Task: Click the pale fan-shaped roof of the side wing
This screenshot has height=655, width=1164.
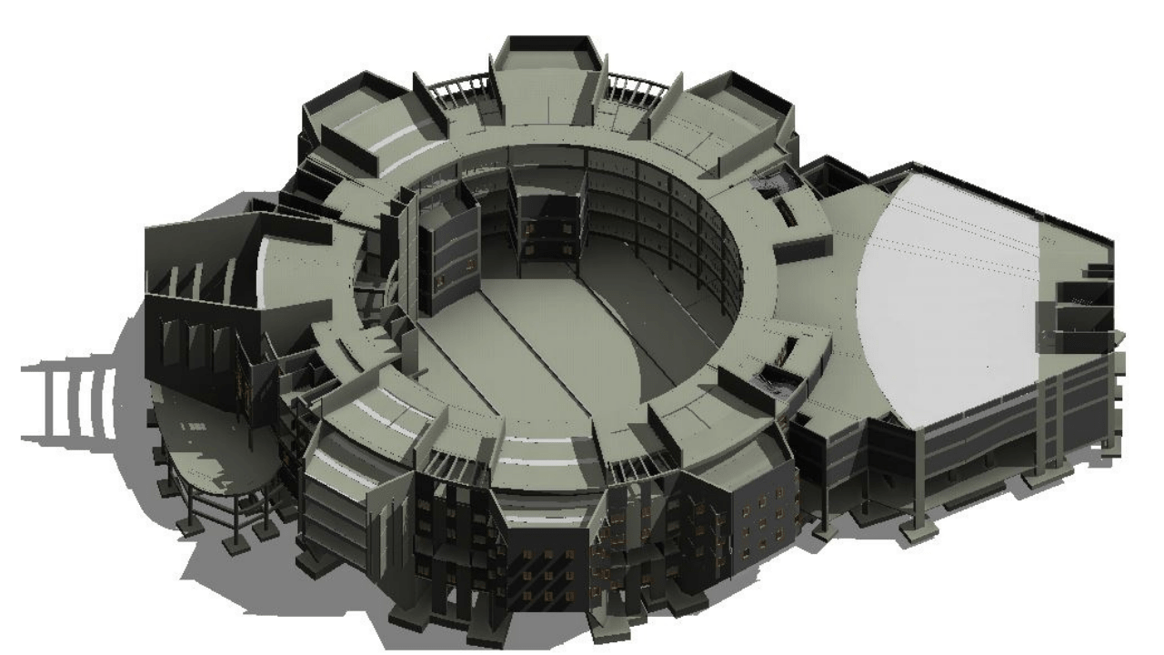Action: pyautogui.click(x=946, y=273)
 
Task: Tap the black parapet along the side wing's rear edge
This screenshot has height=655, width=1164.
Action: pyautogui.click(x=1000, y=196)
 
